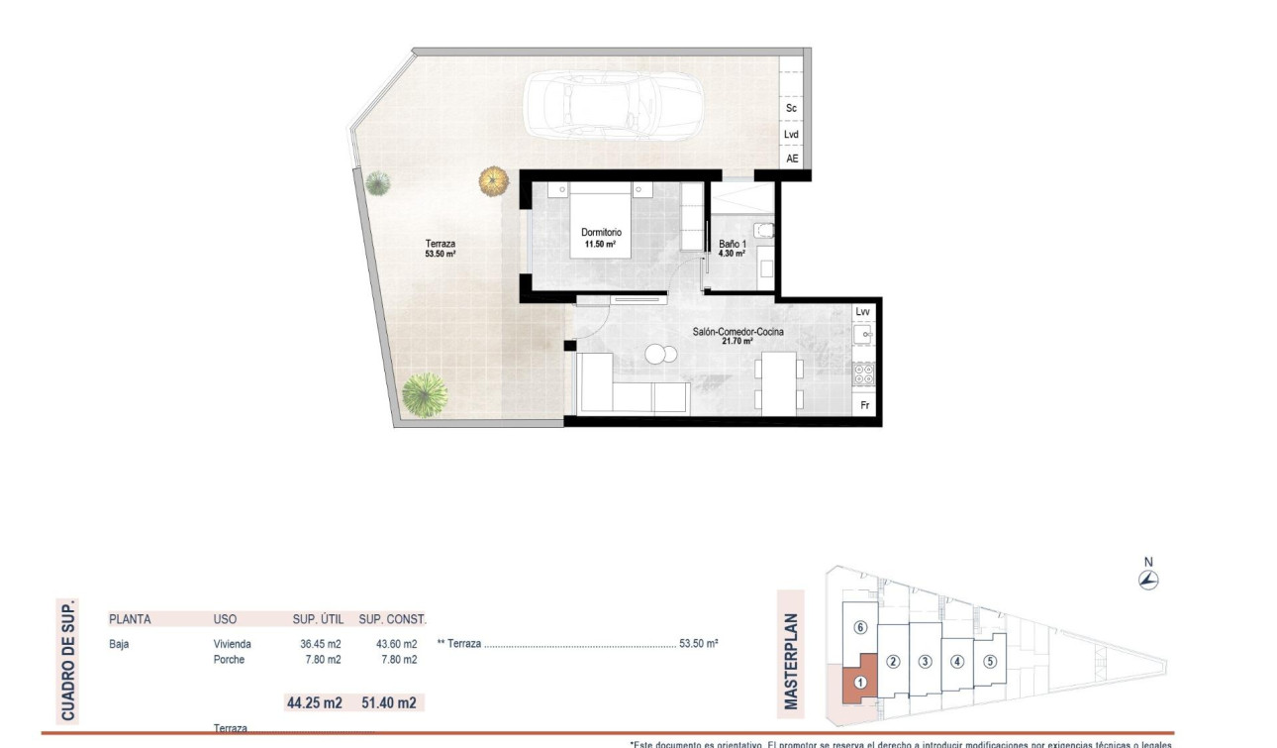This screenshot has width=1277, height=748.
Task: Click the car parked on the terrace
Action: (x=612, y=108)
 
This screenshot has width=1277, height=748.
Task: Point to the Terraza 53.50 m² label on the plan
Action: (x=441, y=248)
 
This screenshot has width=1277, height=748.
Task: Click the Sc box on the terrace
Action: (x=791, y=108)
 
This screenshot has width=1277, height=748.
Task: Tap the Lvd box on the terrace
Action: (x=791, y=135)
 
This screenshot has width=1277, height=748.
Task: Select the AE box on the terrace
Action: (x=791, y=159)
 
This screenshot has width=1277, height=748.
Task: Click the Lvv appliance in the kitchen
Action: (x=863, y=312)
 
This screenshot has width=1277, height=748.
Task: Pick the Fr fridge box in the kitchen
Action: (x=863, y=405)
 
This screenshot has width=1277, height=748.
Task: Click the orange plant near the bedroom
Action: (x=493, y=180)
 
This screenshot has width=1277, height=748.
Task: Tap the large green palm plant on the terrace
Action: (x=425, y=394)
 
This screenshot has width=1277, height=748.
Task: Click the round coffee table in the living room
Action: (x=656, y=354)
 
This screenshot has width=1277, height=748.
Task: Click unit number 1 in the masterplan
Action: (x=859, y=682)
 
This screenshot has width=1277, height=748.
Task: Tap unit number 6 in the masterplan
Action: (x=860, y=627)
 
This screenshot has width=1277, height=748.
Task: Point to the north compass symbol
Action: (x=1148, y=581)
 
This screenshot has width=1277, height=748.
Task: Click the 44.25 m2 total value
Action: (x=313, y=703)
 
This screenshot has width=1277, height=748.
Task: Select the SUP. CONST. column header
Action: (x=393, y=619)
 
